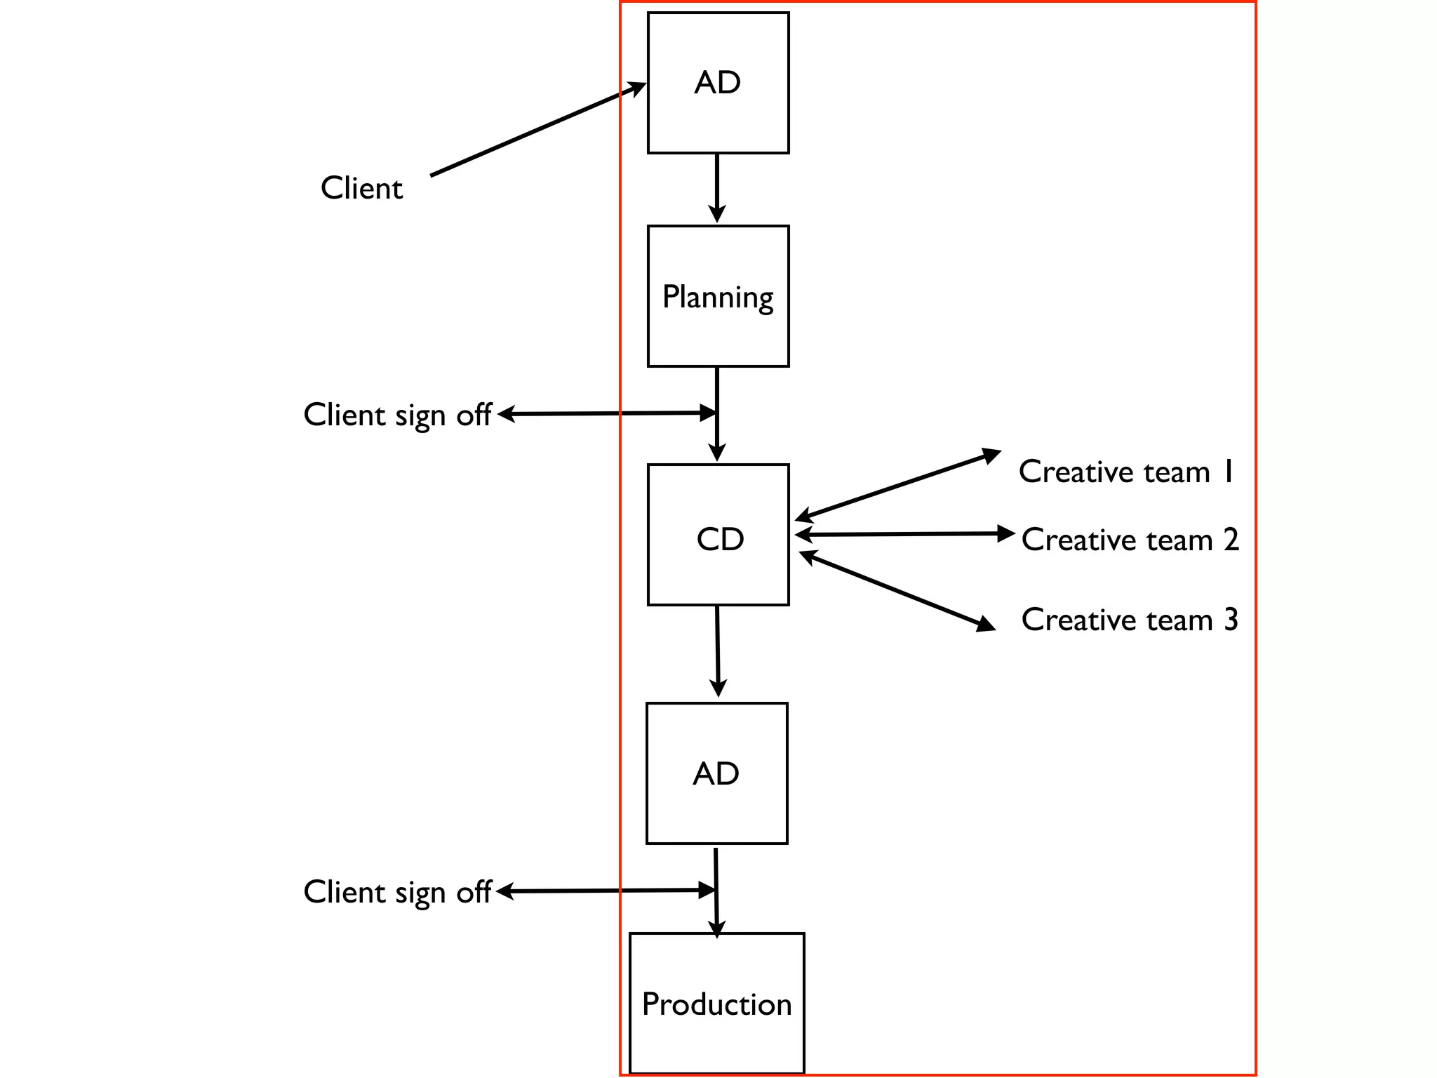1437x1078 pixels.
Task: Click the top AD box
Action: (x=718, y=83)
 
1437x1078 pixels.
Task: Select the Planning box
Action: (x=718, y=296)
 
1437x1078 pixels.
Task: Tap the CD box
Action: (x=718, y=535)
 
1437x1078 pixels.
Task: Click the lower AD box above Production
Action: (x=716, y=773)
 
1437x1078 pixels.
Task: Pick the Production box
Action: (x=716, y=1004)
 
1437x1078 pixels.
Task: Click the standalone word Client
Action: (x=361, y=188)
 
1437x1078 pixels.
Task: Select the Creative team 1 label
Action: (x=1125, y=472)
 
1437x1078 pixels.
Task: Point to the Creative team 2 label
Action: (x=1130, y=540)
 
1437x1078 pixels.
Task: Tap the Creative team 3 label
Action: (x=1130, y=620)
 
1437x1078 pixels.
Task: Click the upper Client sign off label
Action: (x=397, y=415)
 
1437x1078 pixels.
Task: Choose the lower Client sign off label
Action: (x=397, y=892)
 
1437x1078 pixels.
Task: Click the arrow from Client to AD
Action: (x=537, y=130)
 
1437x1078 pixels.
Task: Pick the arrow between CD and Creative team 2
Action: (x=905, y=534)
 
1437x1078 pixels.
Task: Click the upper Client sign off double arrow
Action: (x=607, y=413)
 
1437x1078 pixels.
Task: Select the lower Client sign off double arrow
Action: (x=607, y=891)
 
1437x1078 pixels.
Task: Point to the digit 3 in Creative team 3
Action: (x=1231, y=620)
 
